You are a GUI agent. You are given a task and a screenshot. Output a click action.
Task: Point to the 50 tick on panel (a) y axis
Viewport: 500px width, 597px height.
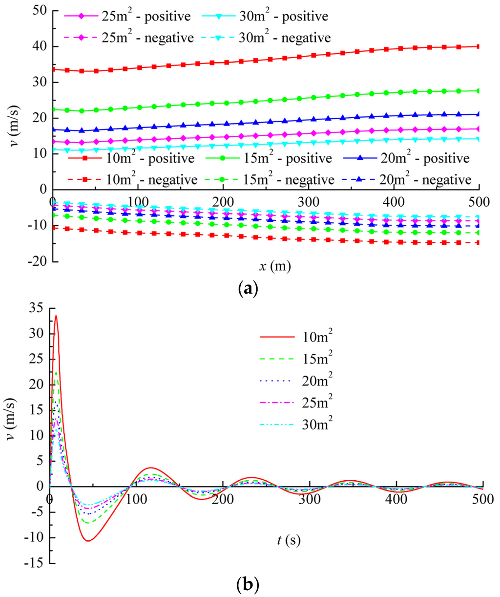pyautogui.click(x=39, y=11)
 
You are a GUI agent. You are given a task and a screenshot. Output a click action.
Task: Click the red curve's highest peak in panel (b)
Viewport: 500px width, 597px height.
pyautogui.click(x=56, y=316)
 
